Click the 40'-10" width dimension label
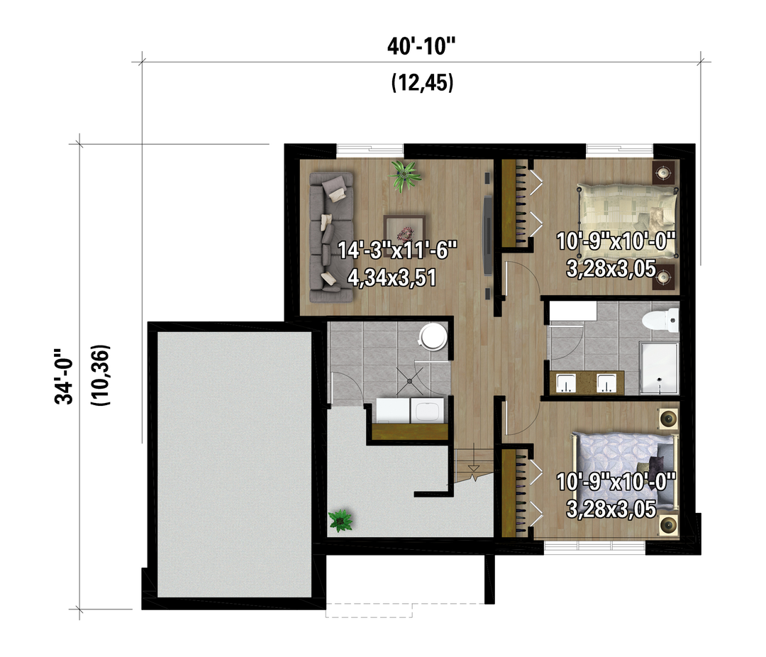[421, 47]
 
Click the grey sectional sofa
[331, 236]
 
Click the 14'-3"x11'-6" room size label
[397, 250]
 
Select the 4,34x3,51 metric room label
[392, 277]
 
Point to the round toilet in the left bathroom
[434, 336]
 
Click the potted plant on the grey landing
[340, 521]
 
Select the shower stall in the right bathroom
[660, 368]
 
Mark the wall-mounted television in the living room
[487, 236]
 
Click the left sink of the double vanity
[567, 382]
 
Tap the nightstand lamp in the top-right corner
[663, 172]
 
